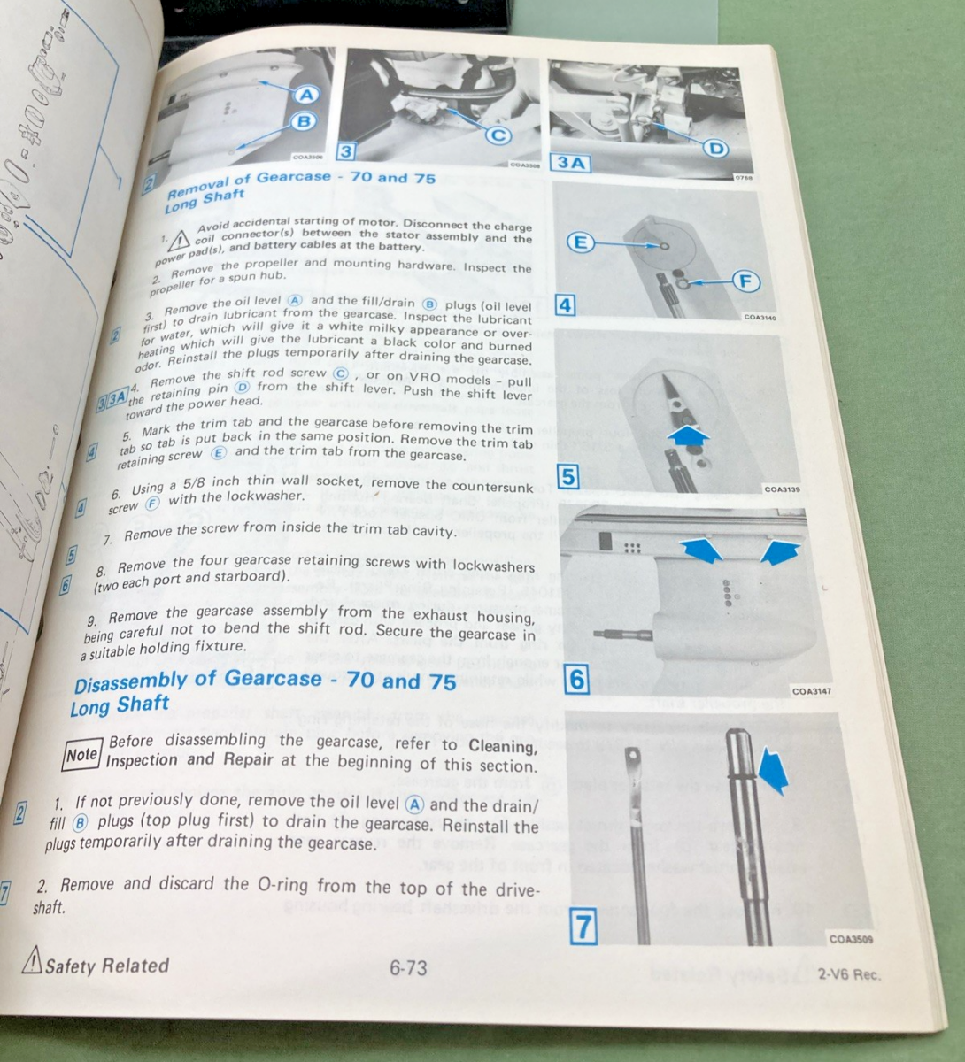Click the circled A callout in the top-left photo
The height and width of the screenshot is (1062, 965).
306,95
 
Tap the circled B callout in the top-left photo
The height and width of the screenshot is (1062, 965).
303,122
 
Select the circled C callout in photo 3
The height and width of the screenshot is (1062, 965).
499,135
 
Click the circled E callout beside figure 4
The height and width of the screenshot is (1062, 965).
579,242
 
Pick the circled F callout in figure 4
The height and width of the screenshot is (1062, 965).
746,281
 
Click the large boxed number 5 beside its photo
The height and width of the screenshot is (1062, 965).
567,477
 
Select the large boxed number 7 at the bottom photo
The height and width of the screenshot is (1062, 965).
583,927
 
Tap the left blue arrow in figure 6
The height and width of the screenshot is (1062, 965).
704,552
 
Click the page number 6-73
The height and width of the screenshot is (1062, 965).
408,968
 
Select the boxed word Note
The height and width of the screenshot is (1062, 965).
81,755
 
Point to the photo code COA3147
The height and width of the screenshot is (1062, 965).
811,692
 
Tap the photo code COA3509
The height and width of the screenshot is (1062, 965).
851,940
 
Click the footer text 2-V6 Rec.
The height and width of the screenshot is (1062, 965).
848,975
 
